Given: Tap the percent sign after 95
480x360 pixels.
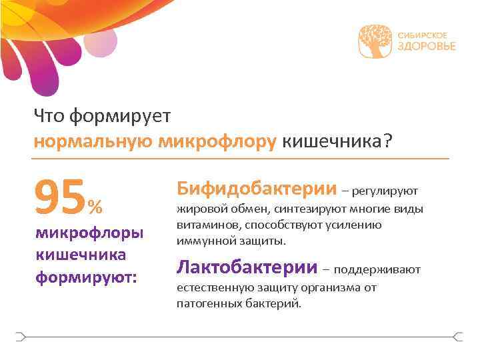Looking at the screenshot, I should (x=95, y=207).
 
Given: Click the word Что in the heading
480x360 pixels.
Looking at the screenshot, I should (x=49, y=117).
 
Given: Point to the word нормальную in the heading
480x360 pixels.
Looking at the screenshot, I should (x=93, y=141).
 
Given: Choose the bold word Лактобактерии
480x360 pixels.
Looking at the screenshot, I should (x=246, y=268).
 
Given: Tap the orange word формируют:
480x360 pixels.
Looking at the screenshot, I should (x=85, y=275).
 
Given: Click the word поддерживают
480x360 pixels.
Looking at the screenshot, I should (x=377, y=270).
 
